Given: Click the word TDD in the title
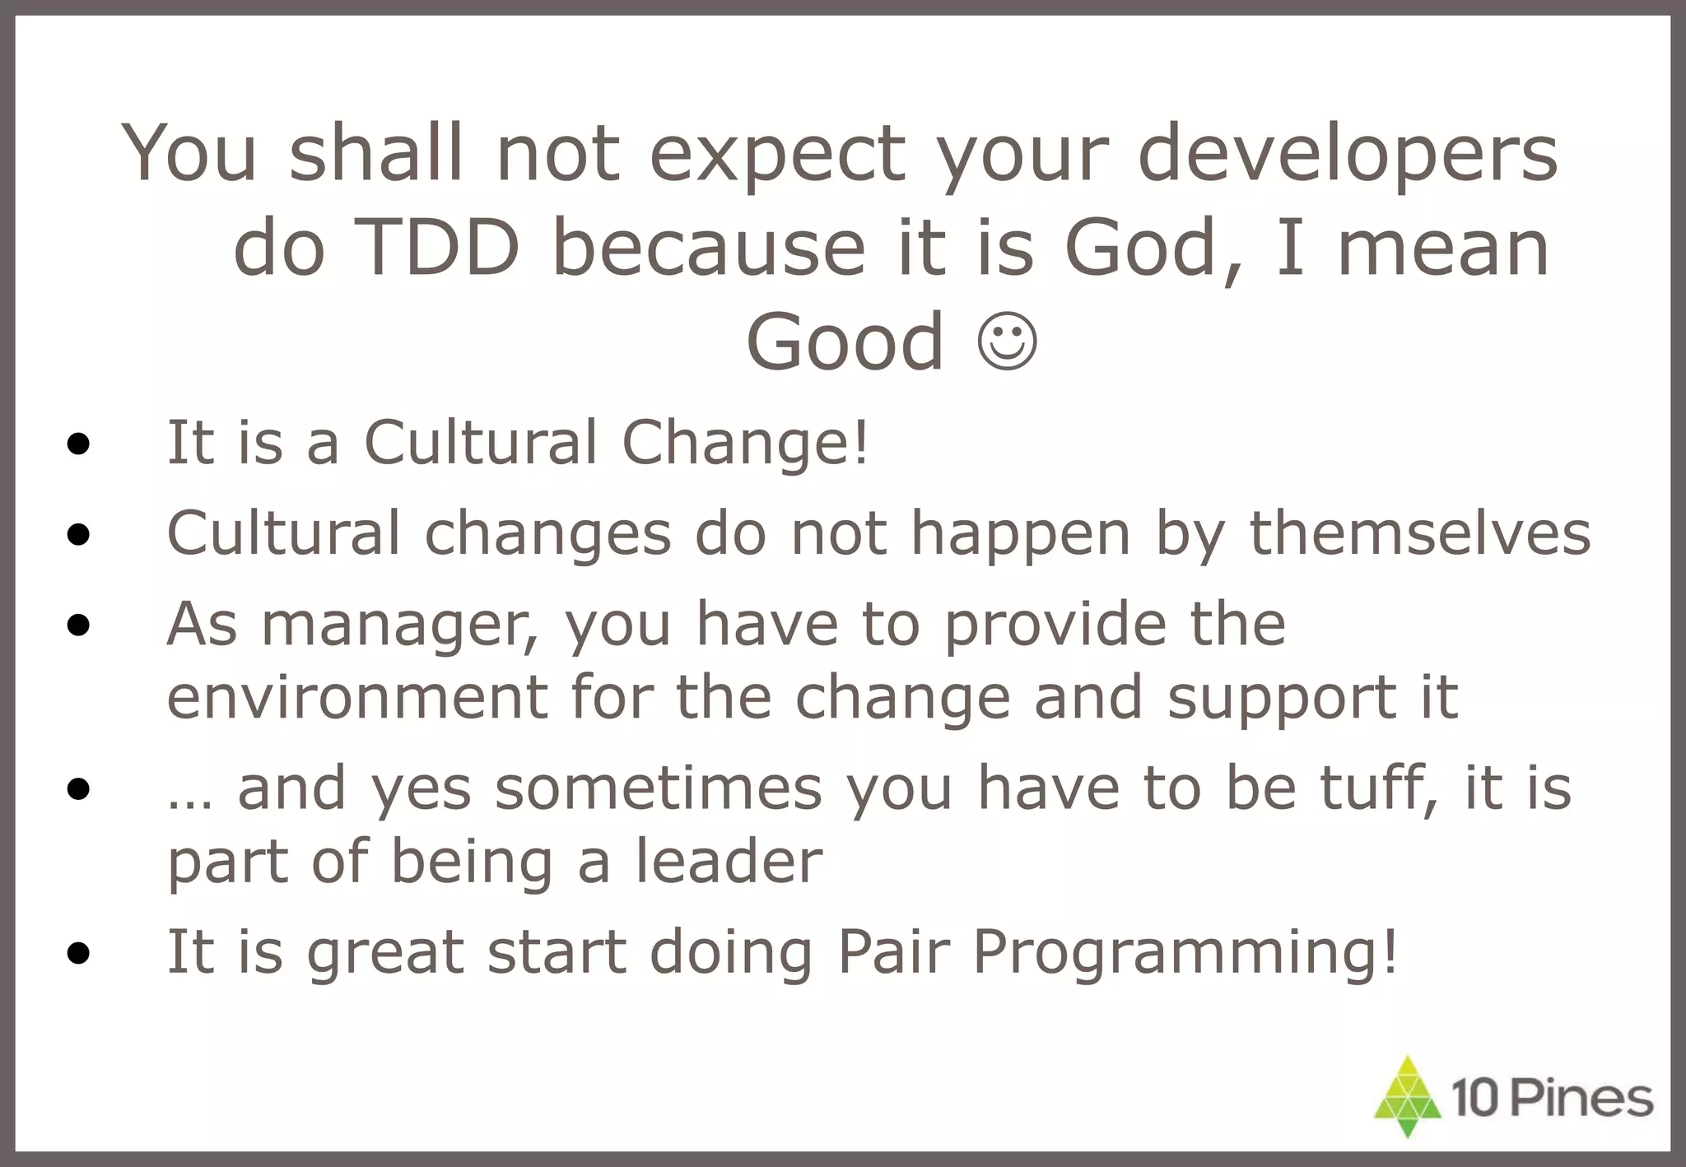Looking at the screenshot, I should click(x=440, y=248).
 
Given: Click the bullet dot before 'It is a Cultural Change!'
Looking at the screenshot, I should click(x=79, y=445).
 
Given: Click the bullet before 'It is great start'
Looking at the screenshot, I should click(x=79, y=954).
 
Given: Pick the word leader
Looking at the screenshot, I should click(x=729, y=862).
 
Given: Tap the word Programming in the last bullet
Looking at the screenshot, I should click(x=1185, y=953).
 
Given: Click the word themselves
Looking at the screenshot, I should click(x=1420, y=533).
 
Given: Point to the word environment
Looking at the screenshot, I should click(x=357, y=697).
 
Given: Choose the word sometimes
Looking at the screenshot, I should click(x=659, y=788).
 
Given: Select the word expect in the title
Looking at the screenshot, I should click(x=777, y=155).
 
